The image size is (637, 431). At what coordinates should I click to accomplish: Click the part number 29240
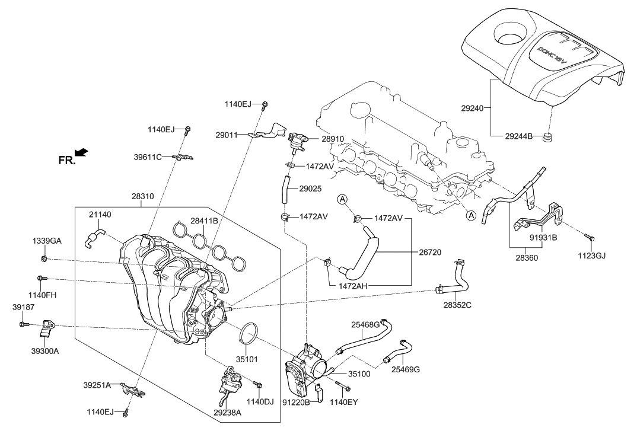click(473, 108)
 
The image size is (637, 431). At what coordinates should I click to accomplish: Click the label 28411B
click(204, 221)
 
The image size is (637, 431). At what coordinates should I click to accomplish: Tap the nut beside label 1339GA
click(45, 259)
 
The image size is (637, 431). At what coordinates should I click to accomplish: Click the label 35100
click(359, 375)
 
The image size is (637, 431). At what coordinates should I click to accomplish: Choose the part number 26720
click(429, 252)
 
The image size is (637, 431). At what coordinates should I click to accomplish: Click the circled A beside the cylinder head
click(470, 216)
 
